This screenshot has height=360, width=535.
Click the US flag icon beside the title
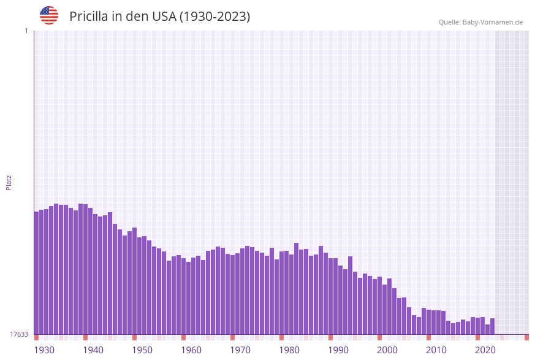(x=49, y=15)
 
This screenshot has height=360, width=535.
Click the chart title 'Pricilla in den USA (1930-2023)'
(x=159, y=17)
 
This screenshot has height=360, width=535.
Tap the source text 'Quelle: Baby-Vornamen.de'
(x=480, y=22)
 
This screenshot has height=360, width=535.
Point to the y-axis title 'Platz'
(x=9, y=182)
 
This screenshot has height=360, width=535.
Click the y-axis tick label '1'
(x=26, y=31)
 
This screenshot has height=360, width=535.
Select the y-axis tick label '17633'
(x=19, y=334)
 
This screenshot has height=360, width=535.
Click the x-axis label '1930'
(x=44, y=350)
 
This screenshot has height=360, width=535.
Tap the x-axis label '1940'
(x=93, y=350)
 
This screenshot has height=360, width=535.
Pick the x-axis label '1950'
(x=142, y=350)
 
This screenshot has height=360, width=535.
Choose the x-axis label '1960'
(x=191, y=350)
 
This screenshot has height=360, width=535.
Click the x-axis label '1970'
(x=240, y=350)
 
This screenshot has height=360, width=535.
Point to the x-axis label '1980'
(x=289, y=350)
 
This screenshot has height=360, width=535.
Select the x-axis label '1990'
(x=338, y=350)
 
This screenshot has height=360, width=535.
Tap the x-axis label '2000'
(x=387, y=350)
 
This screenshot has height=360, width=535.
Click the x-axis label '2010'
(x=436, y=350)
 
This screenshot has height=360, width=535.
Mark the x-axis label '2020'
(x=485, y=350)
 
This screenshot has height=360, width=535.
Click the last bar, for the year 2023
(x=492, y=326)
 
